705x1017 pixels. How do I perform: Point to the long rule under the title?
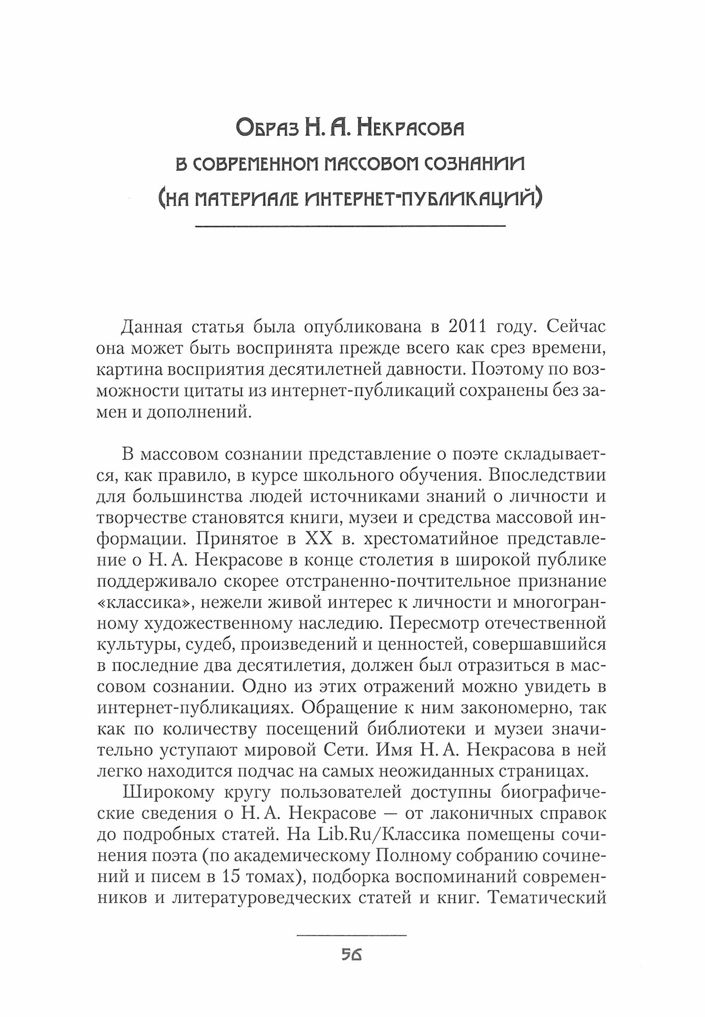point(350,226)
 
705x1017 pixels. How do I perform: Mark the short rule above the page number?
point(351,935)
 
